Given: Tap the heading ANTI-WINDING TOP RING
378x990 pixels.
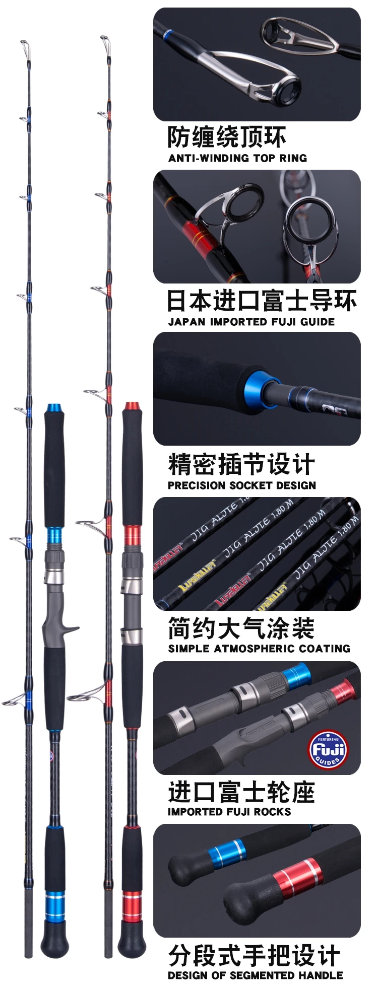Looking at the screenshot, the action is (x=237, y=158).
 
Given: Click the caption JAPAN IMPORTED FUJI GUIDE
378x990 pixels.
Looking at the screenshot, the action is (x=251, y=322).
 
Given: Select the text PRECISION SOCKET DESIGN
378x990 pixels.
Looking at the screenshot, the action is (x=242, y=485).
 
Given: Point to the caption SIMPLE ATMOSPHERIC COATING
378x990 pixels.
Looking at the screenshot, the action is (x=259, y=649).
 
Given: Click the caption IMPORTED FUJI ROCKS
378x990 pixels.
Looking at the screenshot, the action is (x=229, y=812).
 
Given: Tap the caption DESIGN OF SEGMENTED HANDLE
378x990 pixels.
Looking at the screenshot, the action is (x=256, y=975).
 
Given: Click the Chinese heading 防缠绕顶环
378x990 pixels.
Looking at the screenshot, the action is (x=227, y=137).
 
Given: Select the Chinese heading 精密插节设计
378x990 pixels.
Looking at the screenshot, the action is (x=241, y=464).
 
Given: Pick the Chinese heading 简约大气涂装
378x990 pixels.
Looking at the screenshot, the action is (x=241, y=628).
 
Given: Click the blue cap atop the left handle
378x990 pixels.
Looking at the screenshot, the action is (x=54, y=407).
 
